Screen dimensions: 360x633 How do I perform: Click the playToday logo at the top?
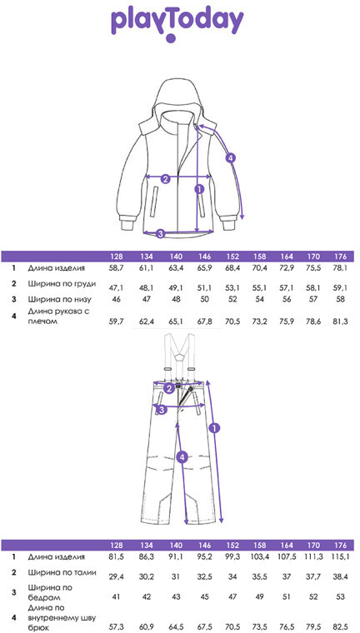177,25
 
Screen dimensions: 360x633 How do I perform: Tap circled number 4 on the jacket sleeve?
230,158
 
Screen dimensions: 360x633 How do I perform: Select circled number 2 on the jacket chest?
165,179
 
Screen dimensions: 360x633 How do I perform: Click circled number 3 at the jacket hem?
160,233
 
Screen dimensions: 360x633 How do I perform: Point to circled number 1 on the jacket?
199,188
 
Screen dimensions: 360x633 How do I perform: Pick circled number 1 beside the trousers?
214,427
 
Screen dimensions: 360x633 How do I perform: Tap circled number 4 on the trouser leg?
182,457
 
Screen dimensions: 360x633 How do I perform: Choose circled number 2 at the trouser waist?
170,389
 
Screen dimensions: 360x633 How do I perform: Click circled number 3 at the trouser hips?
161,410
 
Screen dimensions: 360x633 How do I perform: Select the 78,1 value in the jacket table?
341,268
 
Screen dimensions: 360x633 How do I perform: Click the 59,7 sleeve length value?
117,322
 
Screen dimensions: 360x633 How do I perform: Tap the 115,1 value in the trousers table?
341,556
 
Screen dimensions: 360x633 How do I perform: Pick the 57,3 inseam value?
117,626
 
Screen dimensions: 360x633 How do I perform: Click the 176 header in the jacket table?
341,257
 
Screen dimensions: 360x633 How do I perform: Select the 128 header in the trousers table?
117,545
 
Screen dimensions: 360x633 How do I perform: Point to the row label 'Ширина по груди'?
62,283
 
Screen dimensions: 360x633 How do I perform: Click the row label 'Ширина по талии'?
62,572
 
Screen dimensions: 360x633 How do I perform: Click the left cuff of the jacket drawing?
129,222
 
